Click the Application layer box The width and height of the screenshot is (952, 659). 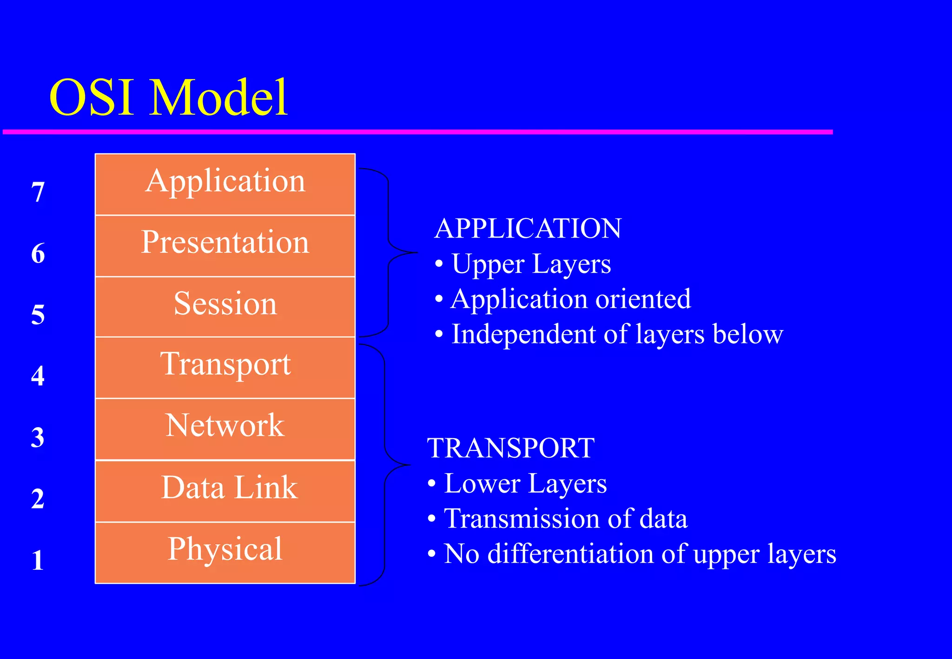point(225,184)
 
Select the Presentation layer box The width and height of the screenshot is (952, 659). point(225,245)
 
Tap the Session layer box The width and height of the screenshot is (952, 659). point(225,306)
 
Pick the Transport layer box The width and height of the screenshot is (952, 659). point(225,367)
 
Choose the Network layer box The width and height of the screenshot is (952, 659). point(225,428)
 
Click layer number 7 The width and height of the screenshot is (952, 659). point(38,192)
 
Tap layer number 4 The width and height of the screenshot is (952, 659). point(38,376)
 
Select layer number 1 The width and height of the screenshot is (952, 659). point(38,560)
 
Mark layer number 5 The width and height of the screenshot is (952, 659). point(38,315)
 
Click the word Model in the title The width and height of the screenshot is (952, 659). point(218,98)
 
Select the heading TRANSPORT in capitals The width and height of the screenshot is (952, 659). point(511,448)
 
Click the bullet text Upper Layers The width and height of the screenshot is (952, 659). point(531,264)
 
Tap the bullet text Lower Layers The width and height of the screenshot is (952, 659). point(525,484)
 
